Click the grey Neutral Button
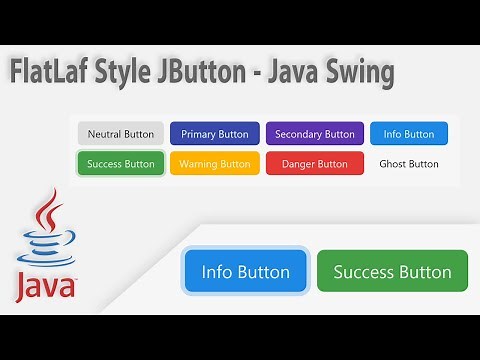[x=121, y=134]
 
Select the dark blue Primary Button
[x=215, y=134]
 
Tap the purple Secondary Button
[x=314, y=134]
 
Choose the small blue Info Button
[x=408, y=134]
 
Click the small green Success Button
[x=121, y=163]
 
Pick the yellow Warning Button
[x=215, y=163]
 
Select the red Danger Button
[x=314, y=163]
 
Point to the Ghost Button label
[x=408, y=163]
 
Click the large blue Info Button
[x=245, y=271]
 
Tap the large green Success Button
[x=392, y=271]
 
